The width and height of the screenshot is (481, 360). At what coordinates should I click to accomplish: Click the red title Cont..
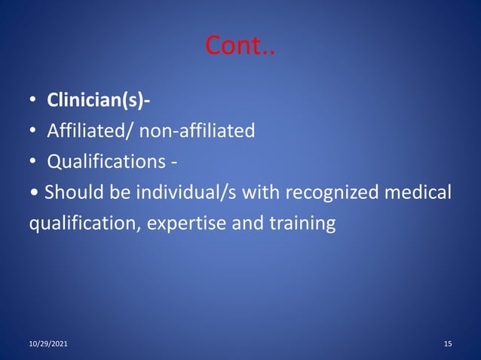(x=240, y=48)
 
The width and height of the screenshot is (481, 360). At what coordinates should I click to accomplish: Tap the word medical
(x=418, y=193)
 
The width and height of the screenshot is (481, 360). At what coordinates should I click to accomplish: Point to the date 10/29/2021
(x=47, y=344)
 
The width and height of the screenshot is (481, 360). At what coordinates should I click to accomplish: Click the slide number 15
(x=448, y=344)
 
